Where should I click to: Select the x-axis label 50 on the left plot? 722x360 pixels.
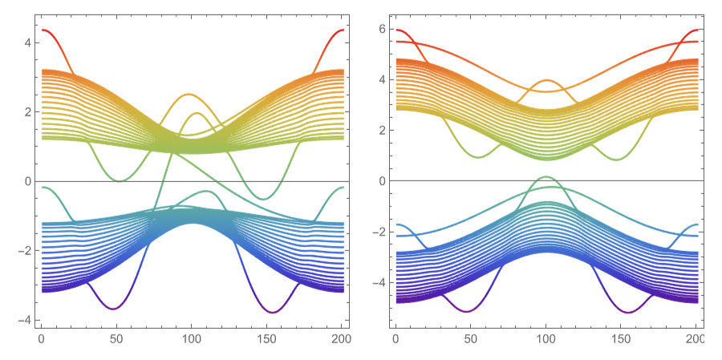[116, 340]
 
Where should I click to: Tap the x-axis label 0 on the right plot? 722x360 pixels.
[395, 340]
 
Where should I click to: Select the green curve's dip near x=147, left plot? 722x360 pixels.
[262, 199]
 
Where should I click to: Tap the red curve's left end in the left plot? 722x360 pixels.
[43, 30]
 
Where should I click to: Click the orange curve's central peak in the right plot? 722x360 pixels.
[547, 80]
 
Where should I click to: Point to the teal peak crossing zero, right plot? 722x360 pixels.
[546, 176]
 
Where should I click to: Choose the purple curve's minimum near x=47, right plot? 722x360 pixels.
[466, 311]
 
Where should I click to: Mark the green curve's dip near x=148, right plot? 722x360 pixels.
[616, 159]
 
